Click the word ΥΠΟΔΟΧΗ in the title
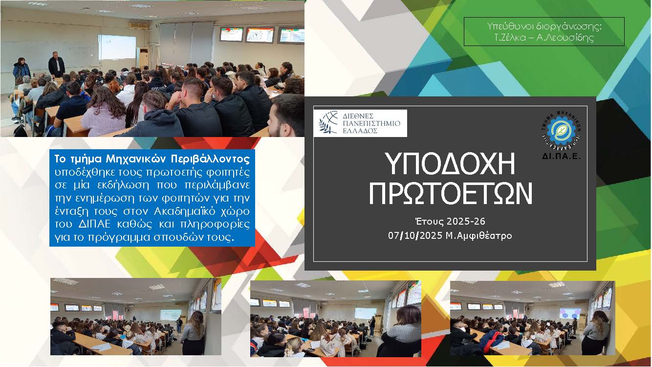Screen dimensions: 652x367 pos(450,163)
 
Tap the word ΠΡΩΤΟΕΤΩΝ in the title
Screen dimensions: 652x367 pos(451,194)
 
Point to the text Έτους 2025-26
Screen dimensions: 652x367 pos(450,222)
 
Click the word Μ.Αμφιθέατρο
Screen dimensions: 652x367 pos(479,235)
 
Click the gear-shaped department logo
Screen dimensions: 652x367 pos(561,131)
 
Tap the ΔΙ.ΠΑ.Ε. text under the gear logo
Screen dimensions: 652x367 pos(561,156)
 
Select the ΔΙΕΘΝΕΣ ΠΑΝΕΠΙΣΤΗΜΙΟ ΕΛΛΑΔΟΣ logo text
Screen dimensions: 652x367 pos(371,123)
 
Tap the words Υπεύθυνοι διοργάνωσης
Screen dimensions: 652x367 pos(544,26)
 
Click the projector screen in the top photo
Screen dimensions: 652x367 pos(117,47)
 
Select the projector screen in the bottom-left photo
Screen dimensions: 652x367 pos(171,315)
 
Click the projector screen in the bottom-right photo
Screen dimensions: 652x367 pos(570,313)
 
